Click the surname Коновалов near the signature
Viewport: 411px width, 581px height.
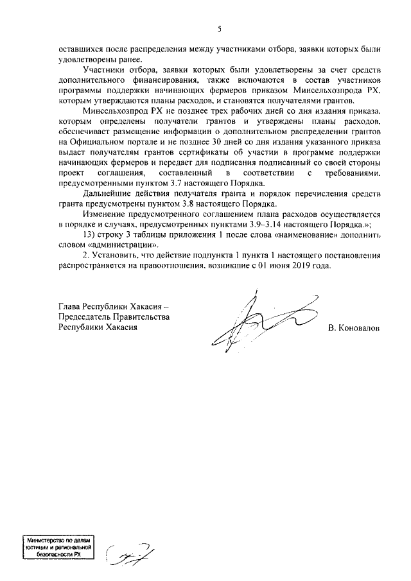pyautogui.click(x=353, y=327)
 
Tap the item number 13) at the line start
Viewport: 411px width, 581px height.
pyautogui.click(x=91, y=236)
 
